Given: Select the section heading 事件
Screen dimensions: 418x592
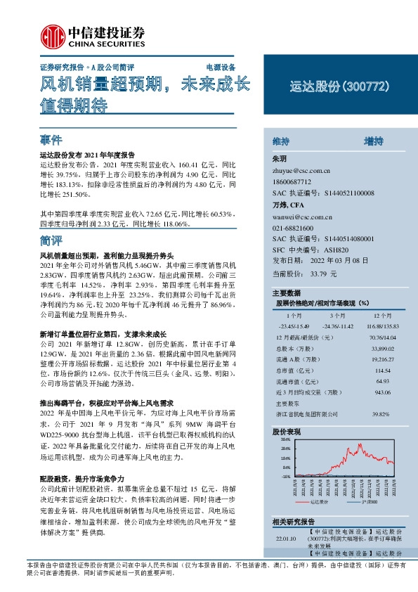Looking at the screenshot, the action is [x=51, y=140].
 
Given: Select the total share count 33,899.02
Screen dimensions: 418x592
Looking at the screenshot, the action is [x=381, y=349].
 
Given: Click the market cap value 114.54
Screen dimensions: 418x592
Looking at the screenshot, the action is [x=381, y=371].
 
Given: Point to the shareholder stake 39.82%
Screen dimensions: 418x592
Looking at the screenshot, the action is [x=381, y=413].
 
